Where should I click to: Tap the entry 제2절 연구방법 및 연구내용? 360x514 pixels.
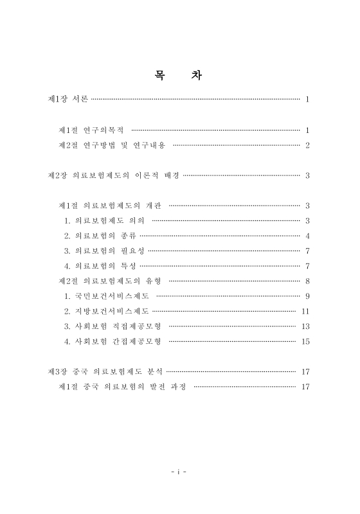coord(112,145)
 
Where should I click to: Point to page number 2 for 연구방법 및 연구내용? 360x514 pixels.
coord(308,145)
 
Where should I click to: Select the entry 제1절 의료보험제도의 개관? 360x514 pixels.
coord(109,206)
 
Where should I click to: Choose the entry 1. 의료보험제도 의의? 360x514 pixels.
coord(104,220)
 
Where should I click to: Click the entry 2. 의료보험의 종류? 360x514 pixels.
coord(99,236)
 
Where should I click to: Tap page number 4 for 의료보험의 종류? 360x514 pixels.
coord(308,236)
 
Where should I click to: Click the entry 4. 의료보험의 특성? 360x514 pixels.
coord(99,266)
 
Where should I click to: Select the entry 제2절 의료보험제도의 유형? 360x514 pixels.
coord(109,281)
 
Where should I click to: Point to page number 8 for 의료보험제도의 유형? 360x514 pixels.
coord(308,281)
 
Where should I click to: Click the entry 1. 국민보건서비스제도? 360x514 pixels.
coord(107,296)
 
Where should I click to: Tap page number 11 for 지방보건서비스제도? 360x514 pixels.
coord(306,311)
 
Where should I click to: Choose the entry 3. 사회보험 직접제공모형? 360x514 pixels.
coord(112,326)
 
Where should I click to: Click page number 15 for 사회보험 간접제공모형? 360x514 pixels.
coord(306,341)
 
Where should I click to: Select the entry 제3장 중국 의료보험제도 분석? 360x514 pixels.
coord(106,371)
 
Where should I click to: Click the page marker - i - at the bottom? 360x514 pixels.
coord(179,471)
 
